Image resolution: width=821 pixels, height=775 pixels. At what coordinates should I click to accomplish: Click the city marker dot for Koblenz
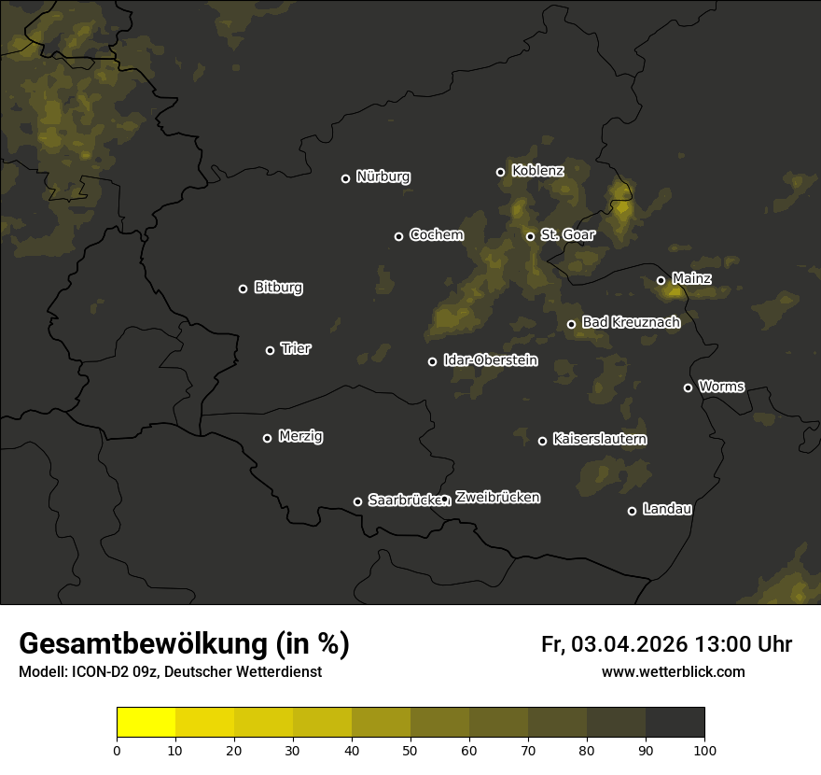[500, 172]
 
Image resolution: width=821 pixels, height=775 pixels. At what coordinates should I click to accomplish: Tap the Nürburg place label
[383, 176]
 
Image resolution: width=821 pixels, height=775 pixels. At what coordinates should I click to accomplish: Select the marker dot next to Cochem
[398, 236]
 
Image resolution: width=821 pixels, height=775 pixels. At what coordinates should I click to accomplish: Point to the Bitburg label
[278, 288]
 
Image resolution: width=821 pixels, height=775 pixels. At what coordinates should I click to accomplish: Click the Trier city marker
[271, 350]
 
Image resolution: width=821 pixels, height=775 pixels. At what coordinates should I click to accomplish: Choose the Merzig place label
[299, 436]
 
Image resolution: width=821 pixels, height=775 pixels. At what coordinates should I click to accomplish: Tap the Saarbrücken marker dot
[357, 501]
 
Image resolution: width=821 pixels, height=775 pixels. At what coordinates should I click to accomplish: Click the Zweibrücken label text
[497, 498]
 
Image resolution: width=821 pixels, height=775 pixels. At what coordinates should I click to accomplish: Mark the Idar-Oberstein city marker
[432, 361]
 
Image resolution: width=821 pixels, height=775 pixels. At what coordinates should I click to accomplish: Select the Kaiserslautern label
[600, 439]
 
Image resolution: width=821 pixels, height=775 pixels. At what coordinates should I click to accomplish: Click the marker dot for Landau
[632, 511]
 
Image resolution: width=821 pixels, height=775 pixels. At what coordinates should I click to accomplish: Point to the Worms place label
[721, 386]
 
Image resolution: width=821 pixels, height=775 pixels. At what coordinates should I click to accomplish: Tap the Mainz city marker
[661, 280]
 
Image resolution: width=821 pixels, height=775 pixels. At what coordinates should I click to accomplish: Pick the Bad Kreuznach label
[631, 322]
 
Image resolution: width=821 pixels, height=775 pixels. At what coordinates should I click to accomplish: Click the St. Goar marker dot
[530, 236]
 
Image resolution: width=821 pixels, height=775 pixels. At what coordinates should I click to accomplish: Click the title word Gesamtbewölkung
[145, 644]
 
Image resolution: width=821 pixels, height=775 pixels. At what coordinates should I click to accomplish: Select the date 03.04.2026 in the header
[630, 644]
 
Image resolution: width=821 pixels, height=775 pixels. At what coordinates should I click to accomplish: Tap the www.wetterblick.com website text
[674, 671]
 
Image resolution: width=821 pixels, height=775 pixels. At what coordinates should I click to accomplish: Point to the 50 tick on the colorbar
[410, 749]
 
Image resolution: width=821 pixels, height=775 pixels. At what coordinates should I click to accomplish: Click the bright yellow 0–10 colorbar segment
[146, 723]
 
